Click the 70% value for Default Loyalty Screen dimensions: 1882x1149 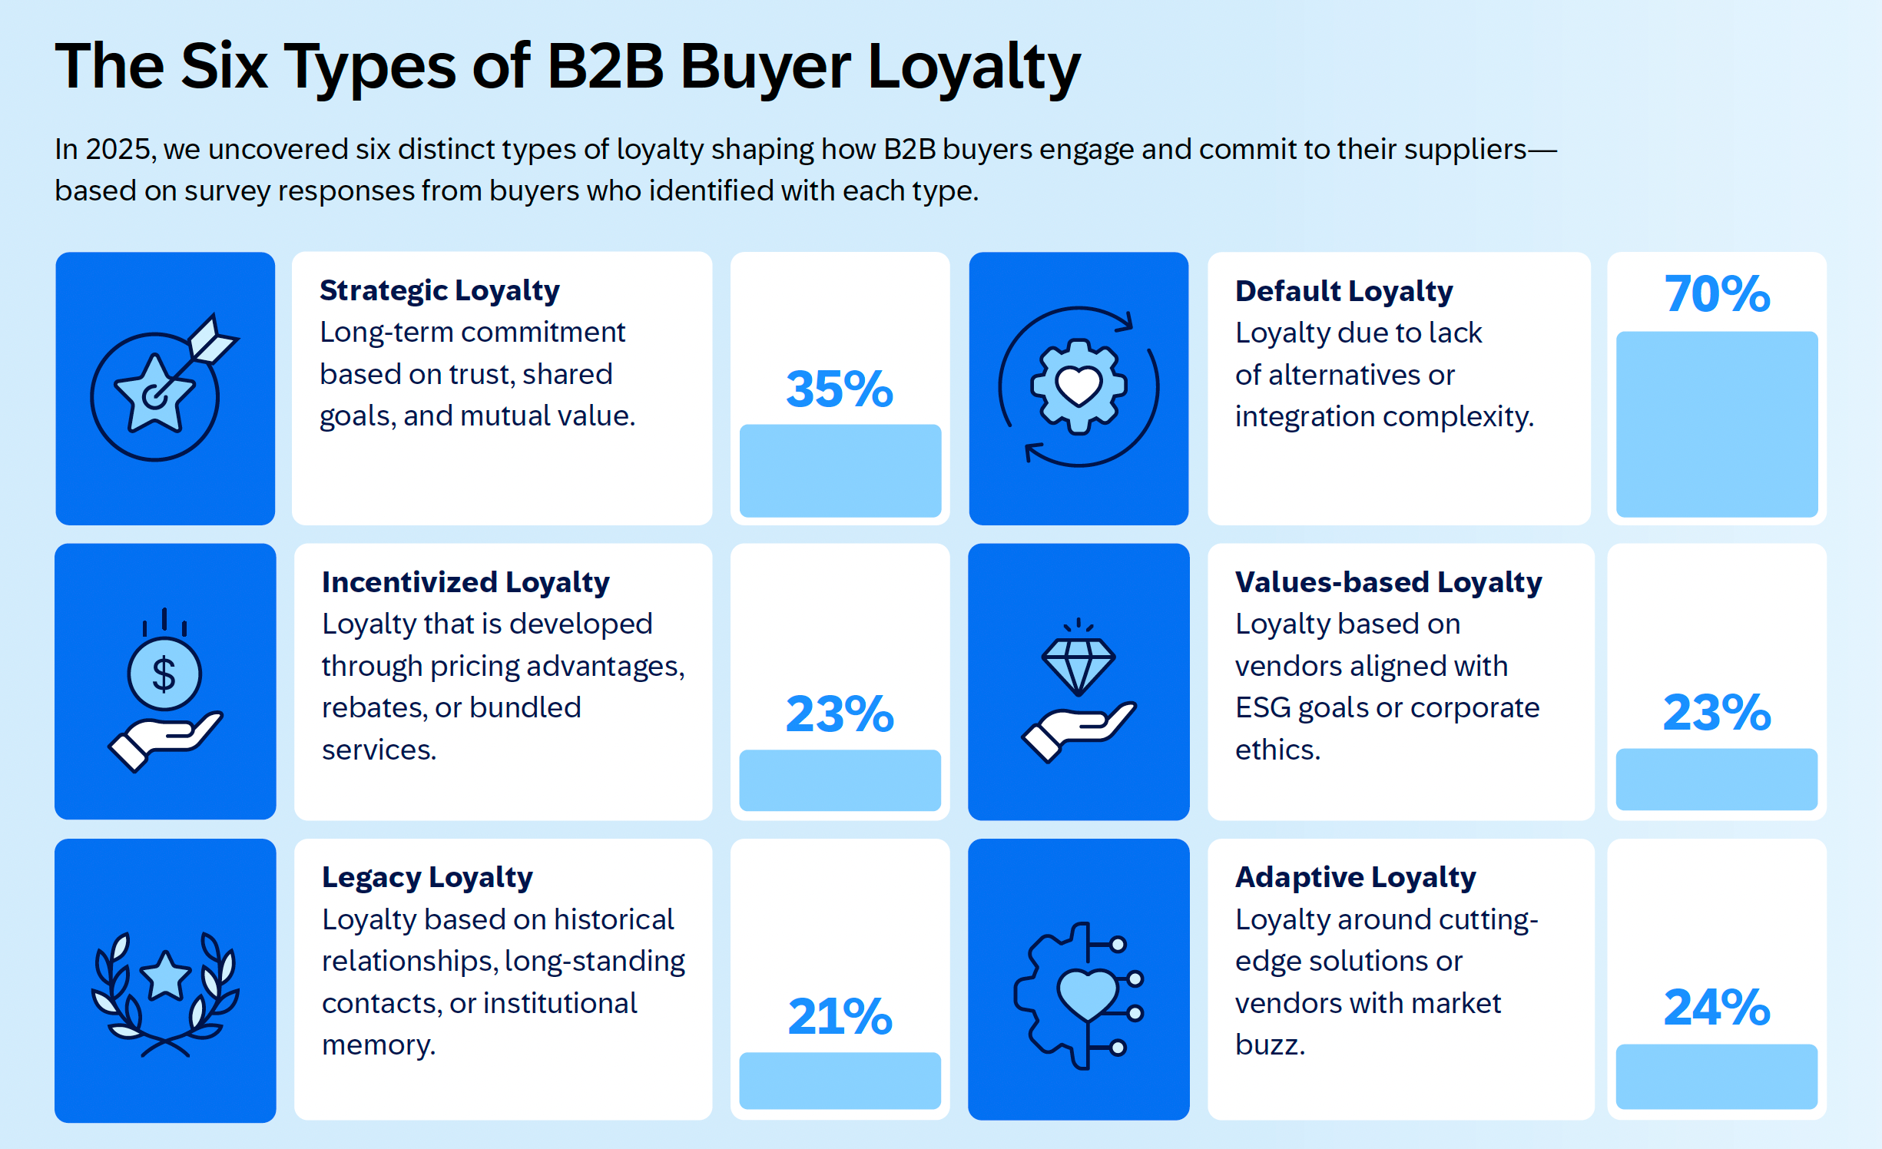point(1717,294)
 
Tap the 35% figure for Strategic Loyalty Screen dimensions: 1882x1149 point(840,389)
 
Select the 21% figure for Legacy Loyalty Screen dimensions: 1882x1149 point(840,1016)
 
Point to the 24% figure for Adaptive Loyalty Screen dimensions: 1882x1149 point(1717,1007)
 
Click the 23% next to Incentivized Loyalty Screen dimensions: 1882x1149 point(840,714)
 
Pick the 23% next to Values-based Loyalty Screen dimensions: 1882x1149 point(1717,712)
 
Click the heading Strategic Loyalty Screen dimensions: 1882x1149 point(439,290)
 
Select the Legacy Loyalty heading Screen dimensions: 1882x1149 point(427,877)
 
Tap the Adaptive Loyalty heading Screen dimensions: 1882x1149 point(1355,877)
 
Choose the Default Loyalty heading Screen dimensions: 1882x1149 point(1344,291)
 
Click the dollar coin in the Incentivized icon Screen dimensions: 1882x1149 point(164,674)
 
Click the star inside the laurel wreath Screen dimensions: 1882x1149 point(165,976)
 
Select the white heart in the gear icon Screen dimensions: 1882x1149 point(1079,385)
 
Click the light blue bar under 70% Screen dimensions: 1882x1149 point(1717,424)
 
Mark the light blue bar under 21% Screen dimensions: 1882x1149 point(840,1080)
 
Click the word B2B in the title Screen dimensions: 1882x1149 point(605,66)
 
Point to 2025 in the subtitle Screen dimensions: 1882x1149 point(118,149)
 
